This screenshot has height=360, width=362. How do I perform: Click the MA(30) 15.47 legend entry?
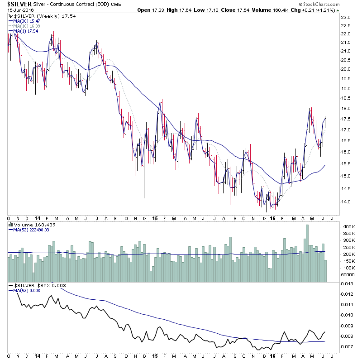click(25, 21)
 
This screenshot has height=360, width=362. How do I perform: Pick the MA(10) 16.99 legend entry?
click(25, 26)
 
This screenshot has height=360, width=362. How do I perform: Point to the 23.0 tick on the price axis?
click(346, 18)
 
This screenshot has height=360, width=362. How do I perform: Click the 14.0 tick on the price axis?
click(346, 202)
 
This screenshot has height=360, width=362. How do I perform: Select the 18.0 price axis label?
click(346, 109)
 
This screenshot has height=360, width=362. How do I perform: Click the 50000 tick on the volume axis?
click(348, 274)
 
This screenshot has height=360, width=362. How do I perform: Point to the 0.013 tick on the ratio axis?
click(348, 283)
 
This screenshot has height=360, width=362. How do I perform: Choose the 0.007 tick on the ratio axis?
click(348, 346)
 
